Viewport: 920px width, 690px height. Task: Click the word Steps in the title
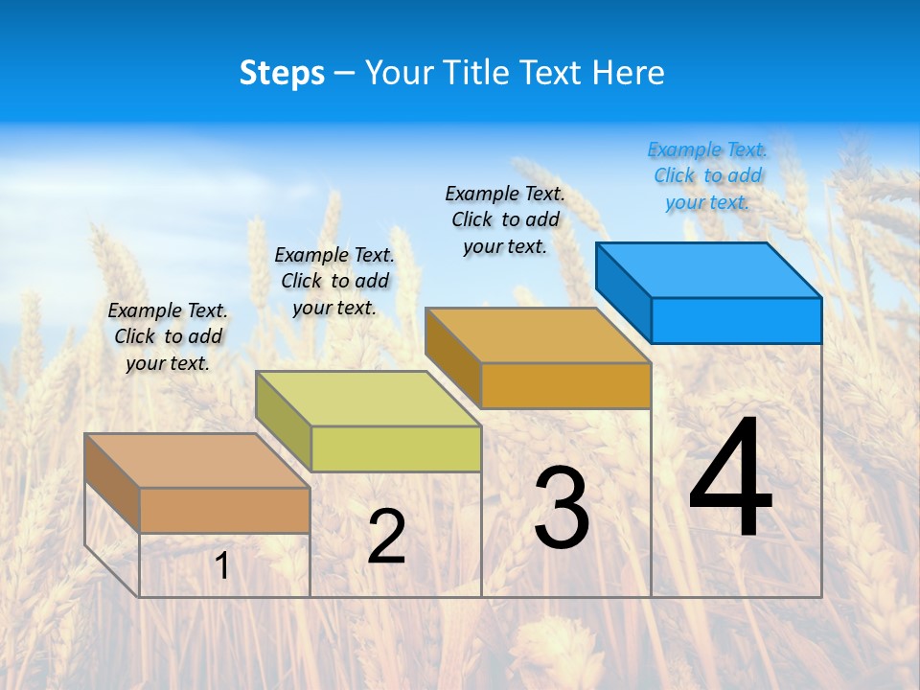(282, 73)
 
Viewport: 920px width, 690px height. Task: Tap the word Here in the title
(629, 73)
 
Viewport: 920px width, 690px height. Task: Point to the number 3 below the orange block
(561, 508)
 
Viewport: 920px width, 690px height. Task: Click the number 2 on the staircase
(386, 537)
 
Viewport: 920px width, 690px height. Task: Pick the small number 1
(222, 565)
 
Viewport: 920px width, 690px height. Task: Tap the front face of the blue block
(736, 320)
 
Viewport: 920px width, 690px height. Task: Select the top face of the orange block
(538, 335)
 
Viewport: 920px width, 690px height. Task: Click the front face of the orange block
(565, 385)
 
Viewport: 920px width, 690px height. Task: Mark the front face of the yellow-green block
(396, 448)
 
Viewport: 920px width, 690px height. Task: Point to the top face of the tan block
(196, 461)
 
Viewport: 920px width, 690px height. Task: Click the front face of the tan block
(224, 510)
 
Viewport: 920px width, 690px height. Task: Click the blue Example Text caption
(707, 175)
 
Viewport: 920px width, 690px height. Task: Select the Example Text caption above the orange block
(505, 219)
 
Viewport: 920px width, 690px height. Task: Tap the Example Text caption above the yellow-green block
(334, 281)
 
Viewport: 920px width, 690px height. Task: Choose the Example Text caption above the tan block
(168, 336)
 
